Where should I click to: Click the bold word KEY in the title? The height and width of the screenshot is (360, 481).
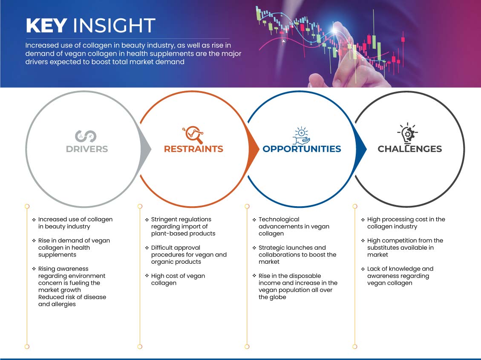(46, 26)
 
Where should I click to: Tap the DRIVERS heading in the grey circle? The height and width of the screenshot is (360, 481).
(87, 149)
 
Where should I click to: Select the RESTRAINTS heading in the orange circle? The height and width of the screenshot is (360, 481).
(193, 149)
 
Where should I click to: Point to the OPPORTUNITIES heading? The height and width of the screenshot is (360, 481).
(302, 149)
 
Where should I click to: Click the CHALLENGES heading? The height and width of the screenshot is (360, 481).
(410, 149)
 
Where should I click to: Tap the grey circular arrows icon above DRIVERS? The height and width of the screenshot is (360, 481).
(86, 136)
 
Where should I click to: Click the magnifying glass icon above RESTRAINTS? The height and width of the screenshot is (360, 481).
(193, 135)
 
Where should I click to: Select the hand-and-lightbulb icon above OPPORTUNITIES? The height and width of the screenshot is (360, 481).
(301, 135)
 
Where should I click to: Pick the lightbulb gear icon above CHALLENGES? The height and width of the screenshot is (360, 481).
(408, 133)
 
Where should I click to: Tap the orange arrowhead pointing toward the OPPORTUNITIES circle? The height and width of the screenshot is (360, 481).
(253, 150)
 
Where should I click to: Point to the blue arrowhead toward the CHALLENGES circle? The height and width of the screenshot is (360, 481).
(361, 150)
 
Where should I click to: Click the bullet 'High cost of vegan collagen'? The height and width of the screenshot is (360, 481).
(178, 279)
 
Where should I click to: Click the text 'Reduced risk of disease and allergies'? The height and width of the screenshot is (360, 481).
(72, 300)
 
